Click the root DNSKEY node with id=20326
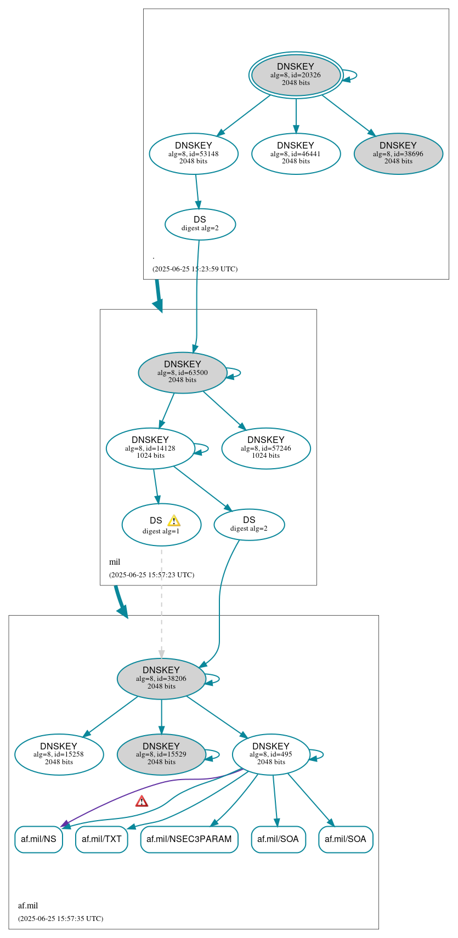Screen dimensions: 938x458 point(296,75)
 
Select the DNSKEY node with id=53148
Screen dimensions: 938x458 point(193,154)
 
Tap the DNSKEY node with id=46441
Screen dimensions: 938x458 point(296,154)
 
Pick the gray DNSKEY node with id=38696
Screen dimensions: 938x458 point(398,154)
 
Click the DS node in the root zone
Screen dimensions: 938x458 point(200,224)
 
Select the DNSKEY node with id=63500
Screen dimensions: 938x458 point(182,372)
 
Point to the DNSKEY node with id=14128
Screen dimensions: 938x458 point(150,448)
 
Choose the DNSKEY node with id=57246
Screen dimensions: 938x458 point(265,448)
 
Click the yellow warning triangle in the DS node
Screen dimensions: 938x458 point(174,521)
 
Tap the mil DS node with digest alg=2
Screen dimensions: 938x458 point(249,524)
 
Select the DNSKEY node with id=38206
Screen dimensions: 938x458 point(161,678)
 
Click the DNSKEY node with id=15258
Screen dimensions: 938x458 point(59,754)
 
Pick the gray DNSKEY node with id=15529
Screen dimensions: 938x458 point(161,754)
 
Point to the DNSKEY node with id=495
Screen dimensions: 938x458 point(270,754)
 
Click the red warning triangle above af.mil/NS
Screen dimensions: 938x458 point(142,801)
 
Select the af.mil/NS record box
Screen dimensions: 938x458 point(38,839)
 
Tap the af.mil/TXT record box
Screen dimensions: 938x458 point(101,839)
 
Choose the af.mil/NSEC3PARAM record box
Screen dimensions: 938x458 point(189,839)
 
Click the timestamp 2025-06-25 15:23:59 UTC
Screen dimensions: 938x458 point(195,269)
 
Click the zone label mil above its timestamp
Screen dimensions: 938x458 point(115,562)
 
